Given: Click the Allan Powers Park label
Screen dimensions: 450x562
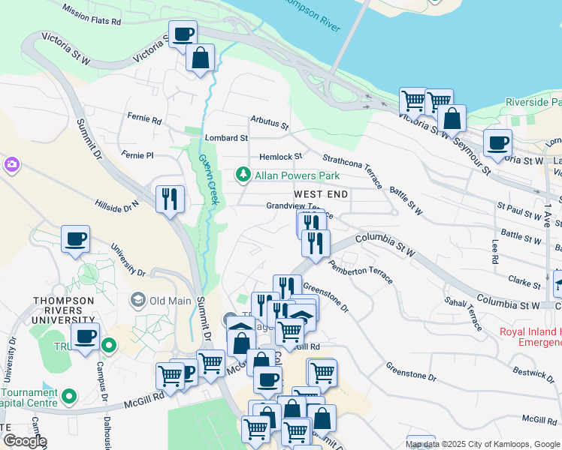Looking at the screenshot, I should (x=298, y=175).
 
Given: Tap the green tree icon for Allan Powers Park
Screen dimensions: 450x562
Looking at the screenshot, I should (x=243, y=175).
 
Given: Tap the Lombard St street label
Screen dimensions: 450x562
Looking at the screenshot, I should (x=226, y=138).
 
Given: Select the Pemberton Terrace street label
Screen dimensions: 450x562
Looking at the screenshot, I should (x=361, y=271).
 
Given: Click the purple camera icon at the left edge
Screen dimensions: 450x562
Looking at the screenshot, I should (x=11, y=163).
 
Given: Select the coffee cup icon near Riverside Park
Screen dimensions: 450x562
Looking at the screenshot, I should (x=497, y=142).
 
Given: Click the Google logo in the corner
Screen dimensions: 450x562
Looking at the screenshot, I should (x=24, y=441).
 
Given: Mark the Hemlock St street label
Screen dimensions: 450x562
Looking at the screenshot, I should (x=280, y=157).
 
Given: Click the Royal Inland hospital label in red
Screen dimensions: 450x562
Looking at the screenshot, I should (x=530, y=337).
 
